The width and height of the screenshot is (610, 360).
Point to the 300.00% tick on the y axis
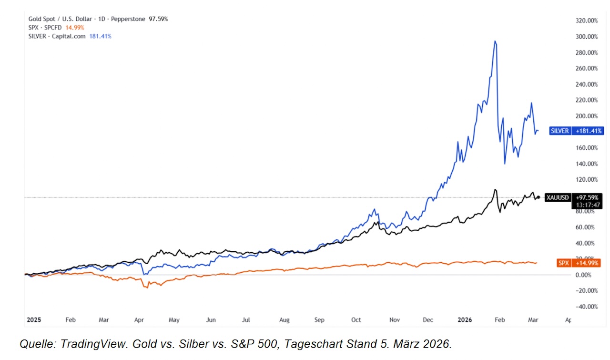click(x=587, y=37)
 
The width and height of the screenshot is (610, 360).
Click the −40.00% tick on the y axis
click(x=587, y=307)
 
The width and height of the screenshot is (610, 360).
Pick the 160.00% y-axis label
click(x=587, y=148)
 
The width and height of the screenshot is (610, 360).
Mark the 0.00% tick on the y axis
click(x=588, y=275)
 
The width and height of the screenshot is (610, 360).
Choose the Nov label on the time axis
click(x=394, y=320)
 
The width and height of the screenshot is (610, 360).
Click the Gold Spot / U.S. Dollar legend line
click(x=98, y=19)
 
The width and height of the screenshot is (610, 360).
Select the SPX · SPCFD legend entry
click(x=56, y=28)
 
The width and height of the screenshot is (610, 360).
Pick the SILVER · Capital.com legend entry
click(x=70, y=36)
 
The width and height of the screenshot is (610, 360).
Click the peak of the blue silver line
click(x=496, y=41)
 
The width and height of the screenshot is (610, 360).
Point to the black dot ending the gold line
click(x=538, y=197)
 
